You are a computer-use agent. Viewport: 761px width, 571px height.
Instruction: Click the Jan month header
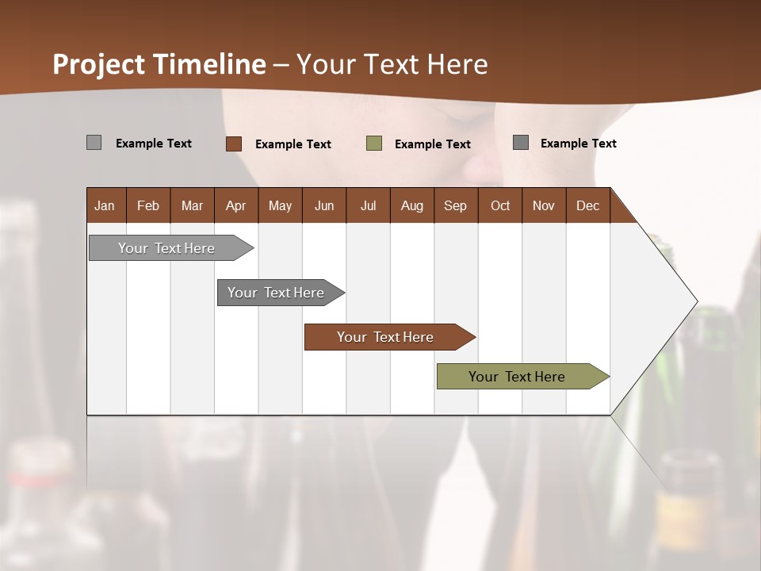(105, 205)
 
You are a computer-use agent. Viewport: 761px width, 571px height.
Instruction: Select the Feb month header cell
(148, 205)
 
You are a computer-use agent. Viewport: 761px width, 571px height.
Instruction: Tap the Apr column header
(235, 205)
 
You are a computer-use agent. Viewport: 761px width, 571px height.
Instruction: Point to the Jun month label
(324, 205)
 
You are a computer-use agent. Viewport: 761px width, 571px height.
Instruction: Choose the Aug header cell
(411, 205)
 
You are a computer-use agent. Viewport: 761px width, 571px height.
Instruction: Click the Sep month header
(455, 205)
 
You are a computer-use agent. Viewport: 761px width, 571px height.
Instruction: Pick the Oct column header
(500, 205)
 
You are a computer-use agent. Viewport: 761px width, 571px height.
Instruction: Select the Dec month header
(587, 205)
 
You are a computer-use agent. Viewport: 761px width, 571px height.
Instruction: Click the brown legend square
(234, 144)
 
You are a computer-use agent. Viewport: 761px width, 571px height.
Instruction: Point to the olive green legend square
(374, 144)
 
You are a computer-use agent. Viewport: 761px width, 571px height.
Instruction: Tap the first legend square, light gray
(94, 143)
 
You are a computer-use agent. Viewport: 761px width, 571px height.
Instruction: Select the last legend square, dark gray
(521, 143)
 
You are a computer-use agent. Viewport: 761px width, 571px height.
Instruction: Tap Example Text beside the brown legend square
(293, 144)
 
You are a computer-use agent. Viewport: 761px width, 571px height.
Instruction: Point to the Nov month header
(543, 205)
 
